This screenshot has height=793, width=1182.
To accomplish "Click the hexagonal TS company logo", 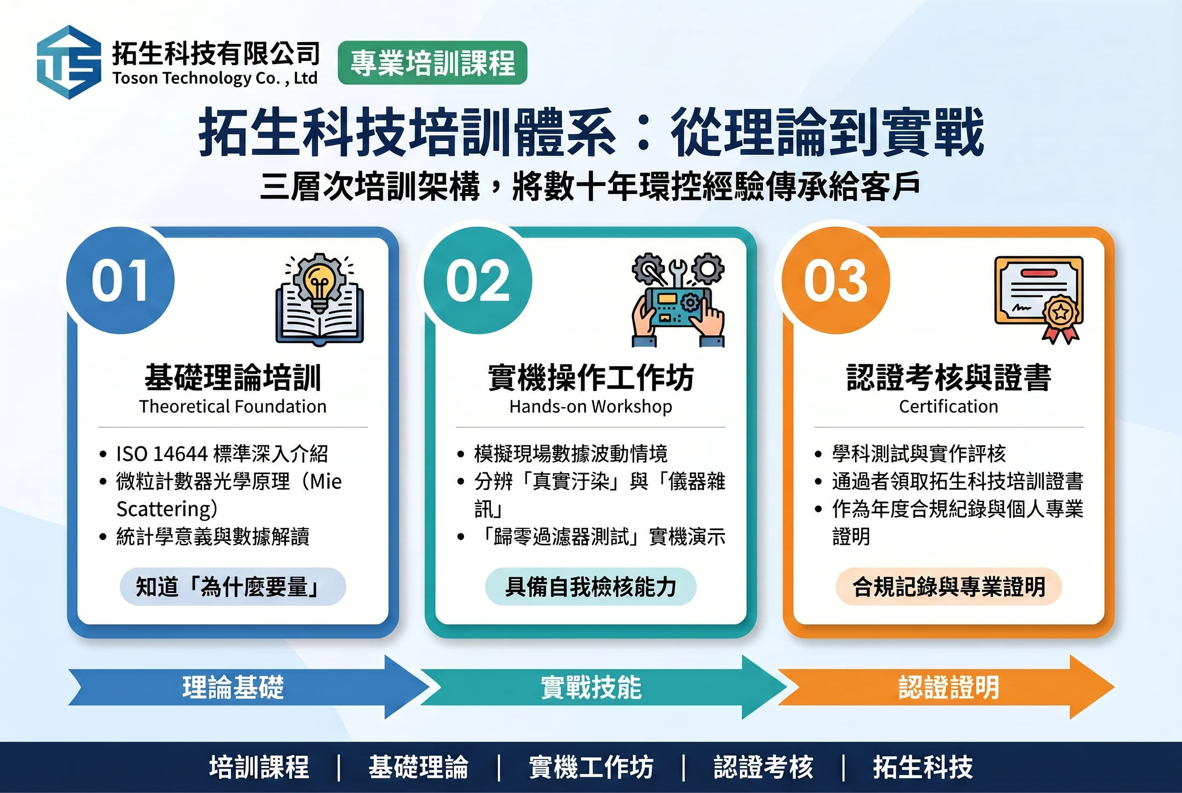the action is tap(69, 62).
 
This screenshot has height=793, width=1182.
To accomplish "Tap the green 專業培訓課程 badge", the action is tap(432, 63).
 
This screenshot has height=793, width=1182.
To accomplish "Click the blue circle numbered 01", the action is tap(120, 280).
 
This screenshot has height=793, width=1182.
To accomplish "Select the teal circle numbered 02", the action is tap(478, 280).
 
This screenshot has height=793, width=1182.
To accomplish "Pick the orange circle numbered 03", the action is tap(836, 280).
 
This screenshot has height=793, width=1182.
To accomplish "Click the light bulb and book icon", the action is tap(320, 299).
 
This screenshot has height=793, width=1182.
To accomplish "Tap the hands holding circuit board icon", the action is tap(678, 299).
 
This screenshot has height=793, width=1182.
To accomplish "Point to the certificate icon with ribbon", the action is tap(1039, 300).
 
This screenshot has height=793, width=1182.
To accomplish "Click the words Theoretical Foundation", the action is tap(233, 406).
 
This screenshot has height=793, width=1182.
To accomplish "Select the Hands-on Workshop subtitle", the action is tap(591, 406).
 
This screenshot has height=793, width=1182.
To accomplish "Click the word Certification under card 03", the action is tap(948, 406).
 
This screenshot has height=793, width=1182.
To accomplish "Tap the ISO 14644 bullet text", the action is tap(222, 454).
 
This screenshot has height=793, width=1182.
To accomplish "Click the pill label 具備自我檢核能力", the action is tap(591, 587).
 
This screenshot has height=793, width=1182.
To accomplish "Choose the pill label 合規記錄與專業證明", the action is tap(949, 587).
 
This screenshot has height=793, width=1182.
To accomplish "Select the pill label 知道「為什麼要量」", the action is tap(233, 587).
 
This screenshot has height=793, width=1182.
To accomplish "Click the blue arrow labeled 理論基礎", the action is tap(248, 687).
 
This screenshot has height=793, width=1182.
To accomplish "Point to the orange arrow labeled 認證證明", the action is tap(946, 687).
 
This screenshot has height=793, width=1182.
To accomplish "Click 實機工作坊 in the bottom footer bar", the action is tap(591, 767).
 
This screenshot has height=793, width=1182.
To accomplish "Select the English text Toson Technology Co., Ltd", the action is tap(215, 78).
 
